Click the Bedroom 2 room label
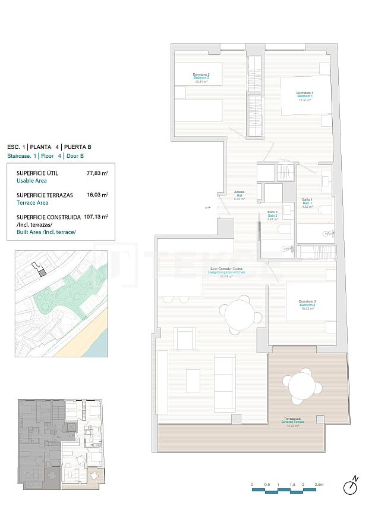tap(201, 77)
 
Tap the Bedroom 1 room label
tap(305, 96)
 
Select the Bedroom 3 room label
tap(307, 304)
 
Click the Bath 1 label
tap(307, 203)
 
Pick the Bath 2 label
tap(273, 215)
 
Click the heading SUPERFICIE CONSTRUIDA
tap(49, 217)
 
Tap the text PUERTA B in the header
tap(77, 146)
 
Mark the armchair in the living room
tap(185, 339)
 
